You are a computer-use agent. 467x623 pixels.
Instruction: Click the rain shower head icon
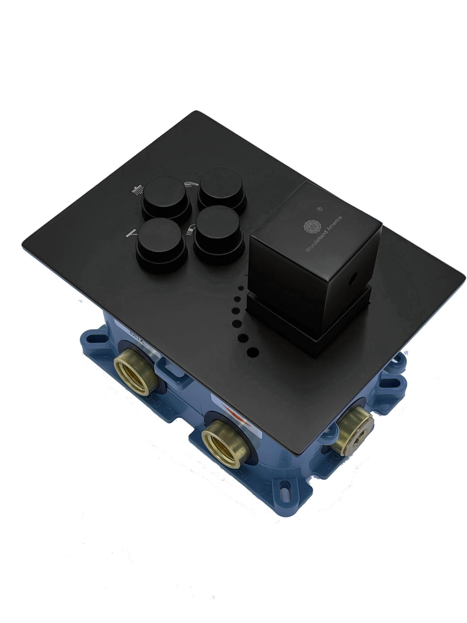(137, 190)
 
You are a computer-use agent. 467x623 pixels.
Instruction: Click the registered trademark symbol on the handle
(320, 209)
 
